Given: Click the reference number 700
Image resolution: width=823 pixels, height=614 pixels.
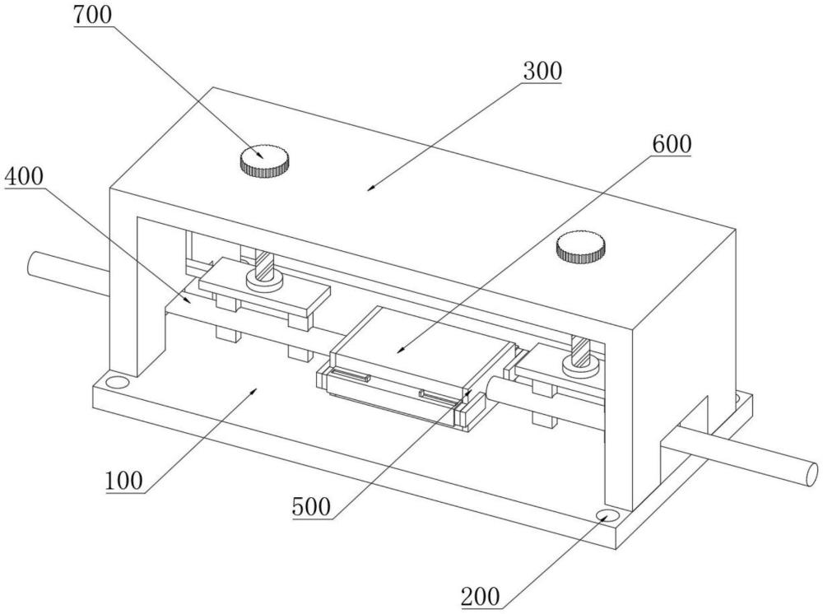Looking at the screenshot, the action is [x=93, y=15].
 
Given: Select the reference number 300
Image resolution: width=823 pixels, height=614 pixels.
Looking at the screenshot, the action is [x=542, y=72].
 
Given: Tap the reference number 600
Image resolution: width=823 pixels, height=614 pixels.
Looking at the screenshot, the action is [x=672, y=144].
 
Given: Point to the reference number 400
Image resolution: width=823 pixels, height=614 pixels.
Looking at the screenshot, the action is [x=24, y=177].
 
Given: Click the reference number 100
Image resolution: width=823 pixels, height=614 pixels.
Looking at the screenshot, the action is [x=124, y=481].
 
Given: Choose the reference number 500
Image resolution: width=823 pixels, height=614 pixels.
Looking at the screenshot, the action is [x=312, y=507].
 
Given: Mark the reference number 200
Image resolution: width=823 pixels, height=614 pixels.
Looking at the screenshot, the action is [x=481, y=597].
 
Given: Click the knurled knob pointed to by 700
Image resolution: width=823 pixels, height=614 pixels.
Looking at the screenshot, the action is [x=265, y=160].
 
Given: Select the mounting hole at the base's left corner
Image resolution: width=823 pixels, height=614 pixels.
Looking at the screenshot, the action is [x=116, y=381].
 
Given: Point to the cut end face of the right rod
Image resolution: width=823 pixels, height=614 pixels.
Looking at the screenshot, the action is [x=811, y=472].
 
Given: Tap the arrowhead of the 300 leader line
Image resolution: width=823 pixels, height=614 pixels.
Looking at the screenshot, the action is [x=370, y=188].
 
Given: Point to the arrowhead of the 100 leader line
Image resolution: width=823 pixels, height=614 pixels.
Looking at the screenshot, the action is [x=254, y=390].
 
